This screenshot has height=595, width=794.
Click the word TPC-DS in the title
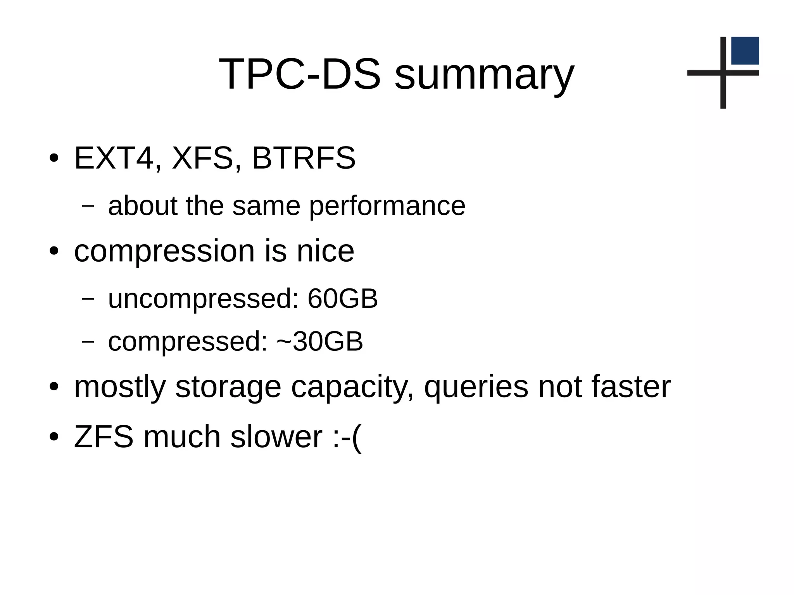[x=300, y=74]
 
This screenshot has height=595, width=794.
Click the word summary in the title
[x=484, y=76]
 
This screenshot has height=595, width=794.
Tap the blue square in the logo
[x=745, y=51]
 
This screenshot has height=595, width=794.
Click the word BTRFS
[x=304, y=158]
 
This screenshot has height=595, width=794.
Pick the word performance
[x=387, y=207]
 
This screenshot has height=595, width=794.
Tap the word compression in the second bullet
[x=164, y=252]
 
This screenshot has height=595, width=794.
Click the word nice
[x=325, y=251]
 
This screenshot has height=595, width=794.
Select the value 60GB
[x=343, y=299]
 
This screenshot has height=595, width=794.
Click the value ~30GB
[x=320, y=341]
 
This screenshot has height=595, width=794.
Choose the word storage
[x=228, y=388]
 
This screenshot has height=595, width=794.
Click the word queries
[x=476, y=388]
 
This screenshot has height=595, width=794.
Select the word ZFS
[x=104, y=437]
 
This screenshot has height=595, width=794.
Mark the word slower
[x=276, y=437]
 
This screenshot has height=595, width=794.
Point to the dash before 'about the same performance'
[x=88, y=206]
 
